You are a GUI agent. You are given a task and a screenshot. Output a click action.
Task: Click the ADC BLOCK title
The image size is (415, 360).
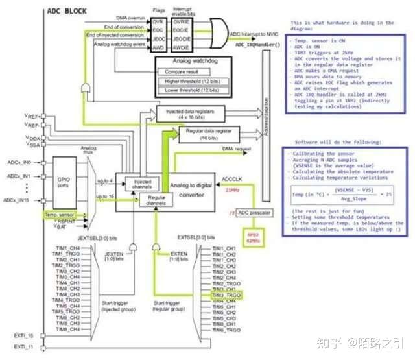pos(67,12)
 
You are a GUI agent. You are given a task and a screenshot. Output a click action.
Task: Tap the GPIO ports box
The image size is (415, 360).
pos(62,182)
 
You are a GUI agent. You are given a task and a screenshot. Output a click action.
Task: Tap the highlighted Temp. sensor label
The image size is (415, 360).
pos(59,214)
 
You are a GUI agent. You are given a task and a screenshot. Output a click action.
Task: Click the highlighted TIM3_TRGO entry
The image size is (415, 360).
pos(226,295)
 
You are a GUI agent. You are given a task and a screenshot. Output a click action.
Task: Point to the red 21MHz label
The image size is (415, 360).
pos(232,190)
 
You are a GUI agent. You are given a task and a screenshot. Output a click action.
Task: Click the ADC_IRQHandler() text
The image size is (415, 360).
pos(258,45)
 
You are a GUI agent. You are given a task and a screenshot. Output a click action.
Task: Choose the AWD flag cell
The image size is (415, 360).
pos(158,47)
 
